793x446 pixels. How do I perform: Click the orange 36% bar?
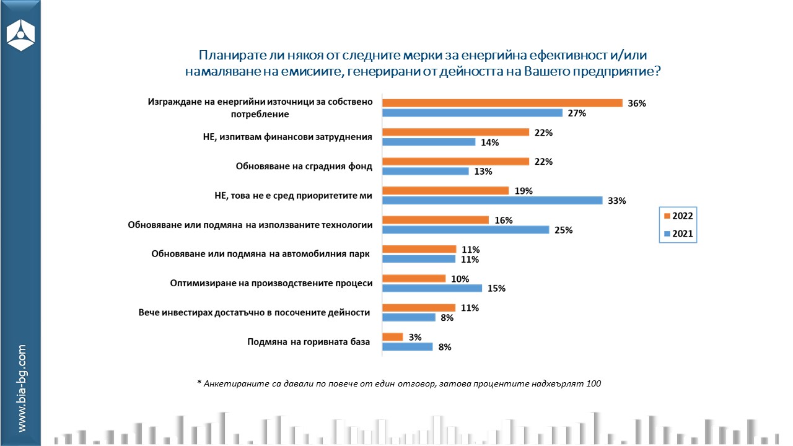click(x=502, y=103)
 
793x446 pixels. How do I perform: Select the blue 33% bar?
click(x=492, y=201)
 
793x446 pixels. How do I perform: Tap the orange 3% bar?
click(x=392, y=337)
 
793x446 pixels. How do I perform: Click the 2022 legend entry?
click(x=678, y=216)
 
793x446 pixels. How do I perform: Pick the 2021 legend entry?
click(x=678, y=234)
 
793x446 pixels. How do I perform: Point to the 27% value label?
click(x=577, y=113)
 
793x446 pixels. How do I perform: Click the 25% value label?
click(x=563, y=230)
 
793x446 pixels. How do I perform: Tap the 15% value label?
click(x=496, y=289)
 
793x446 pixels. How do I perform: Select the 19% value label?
click(x=523, y=191)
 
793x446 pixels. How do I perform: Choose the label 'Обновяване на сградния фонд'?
click(x=304, y=167)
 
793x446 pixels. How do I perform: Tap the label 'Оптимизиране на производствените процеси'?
click(x=271, y=283)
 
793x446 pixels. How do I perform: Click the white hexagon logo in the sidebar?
click(x=20, y=35)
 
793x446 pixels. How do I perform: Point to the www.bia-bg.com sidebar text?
click(x=22, y=388)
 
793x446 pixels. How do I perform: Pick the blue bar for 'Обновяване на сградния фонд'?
click(x=426, y=172)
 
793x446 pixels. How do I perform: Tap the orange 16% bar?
click(x=436, y=220)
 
